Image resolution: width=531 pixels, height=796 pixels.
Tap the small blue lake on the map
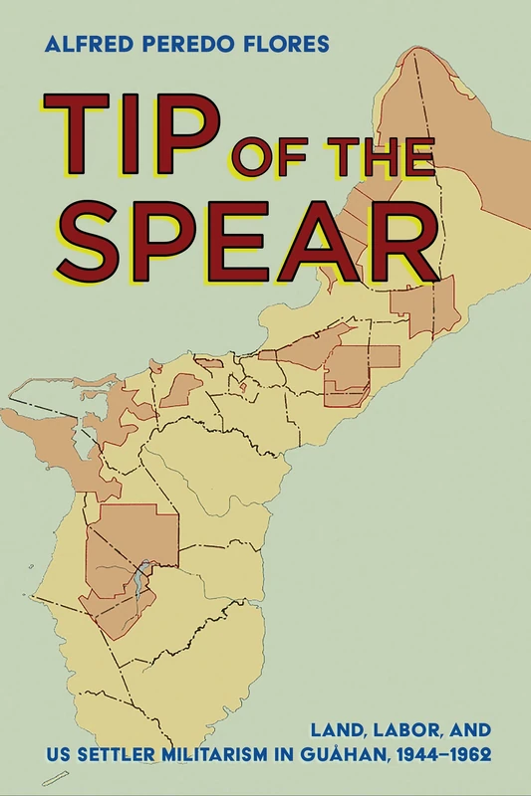(142, 578)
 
